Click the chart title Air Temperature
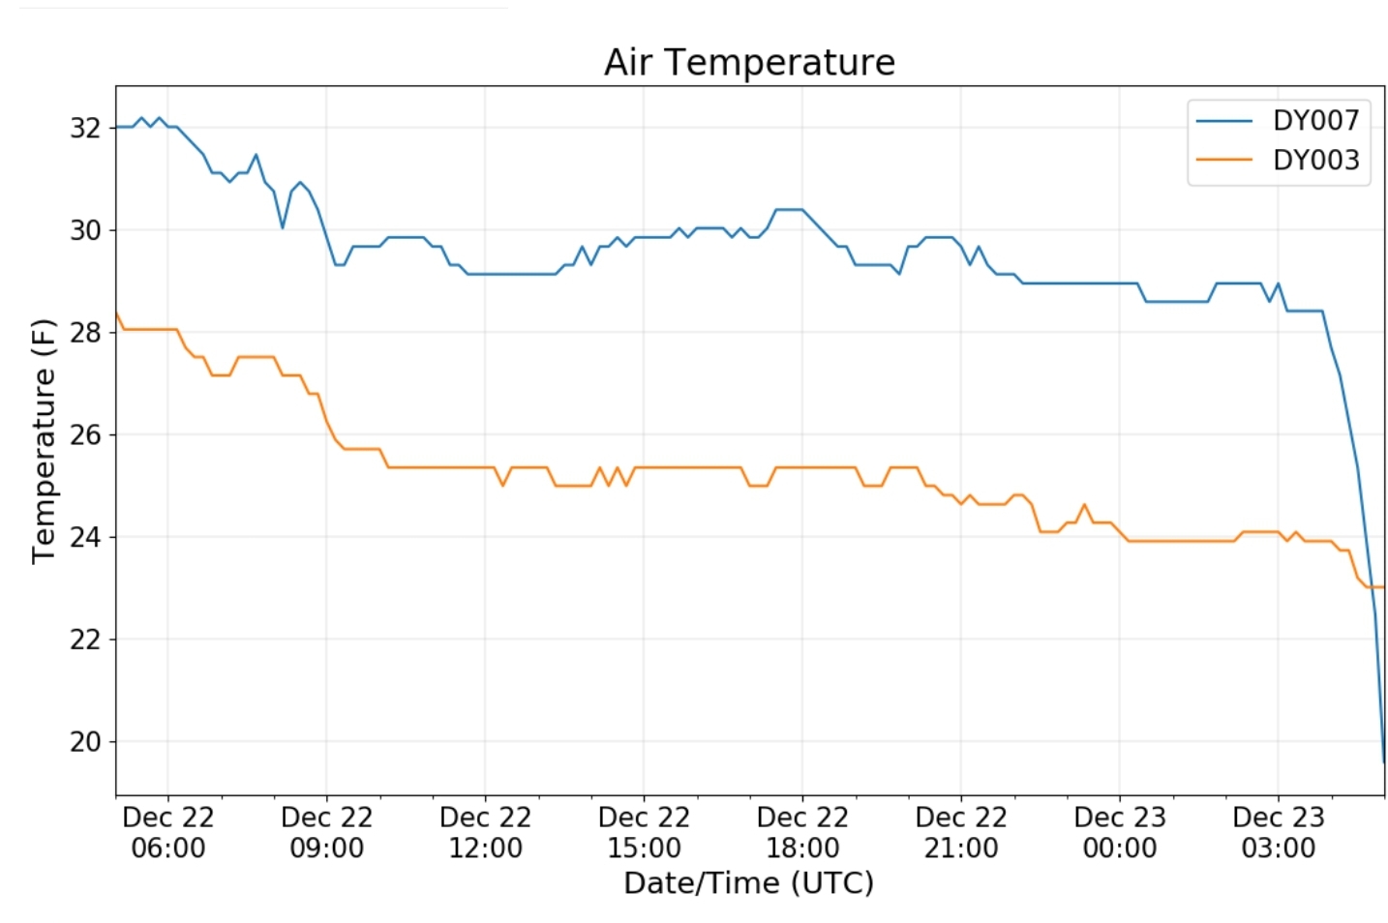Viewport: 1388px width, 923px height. coord(749,63)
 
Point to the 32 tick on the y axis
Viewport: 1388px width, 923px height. coord(85,128)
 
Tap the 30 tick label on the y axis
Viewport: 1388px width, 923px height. coord(85,230)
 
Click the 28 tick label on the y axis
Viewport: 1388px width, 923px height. coord(85,333)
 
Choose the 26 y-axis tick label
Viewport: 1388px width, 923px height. coord(85,434)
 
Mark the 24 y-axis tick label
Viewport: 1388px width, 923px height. coord(85,537)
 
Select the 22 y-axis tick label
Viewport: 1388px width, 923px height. coord(85,640)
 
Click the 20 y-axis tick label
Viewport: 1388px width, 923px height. coord(85,742)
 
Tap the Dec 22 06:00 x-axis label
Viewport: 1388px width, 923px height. coord(168,833)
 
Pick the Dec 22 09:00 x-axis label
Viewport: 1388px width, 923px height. coord(327,833)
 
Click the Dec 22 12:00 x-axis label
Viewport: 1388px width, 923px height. coord(486,833)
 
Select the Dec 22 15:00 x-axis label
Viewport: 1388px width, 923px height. coord(645,833)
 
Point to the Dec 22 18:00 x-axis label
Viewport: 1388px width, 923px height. coord(802,833)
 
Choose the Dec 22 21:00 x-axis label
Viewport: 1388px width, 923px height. coord(961,833)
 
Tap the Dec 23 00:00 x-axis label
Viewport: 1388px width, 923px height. coord(1120,833)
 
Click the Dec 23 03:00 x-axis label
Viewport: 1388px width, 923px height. coord(1279,833)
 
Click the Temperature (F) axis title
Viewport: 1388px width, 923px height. coord(45,440)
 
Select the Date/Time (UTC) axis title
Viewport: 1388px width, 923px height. coord(749,883)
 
